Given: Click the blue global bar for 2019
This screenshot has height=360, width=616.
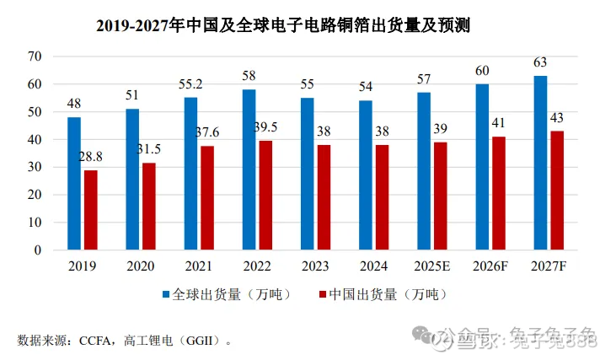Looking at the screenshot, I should [74, 183].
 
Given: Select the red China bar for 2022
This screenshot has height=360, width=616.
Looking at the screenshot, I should [265, 195].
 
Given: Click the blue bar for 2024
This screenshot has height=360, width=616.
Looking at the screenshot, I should [366, 175].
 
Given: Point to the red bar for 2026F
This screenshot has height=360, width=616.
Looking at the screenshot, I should [498, 193].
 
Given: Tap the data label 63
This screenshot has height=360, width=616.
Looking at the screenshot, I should [540, 63].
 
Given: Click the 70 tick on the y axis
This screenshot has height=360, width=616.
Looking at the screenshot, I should [35, 56].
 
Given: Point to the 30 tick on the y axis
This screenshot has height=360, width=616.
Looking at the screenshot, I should [35, 167].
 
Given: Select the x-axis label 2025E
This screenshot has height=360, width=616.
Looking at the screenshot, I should [432, 266].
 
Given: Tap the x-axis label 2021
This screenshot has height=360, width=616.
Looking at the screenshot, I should [199, 266].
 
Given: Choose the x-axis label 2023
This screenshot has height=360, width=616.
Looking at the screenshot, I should [316, 266].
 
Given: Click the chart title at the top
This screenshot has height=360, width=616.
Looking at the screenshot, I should [282, 26].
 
